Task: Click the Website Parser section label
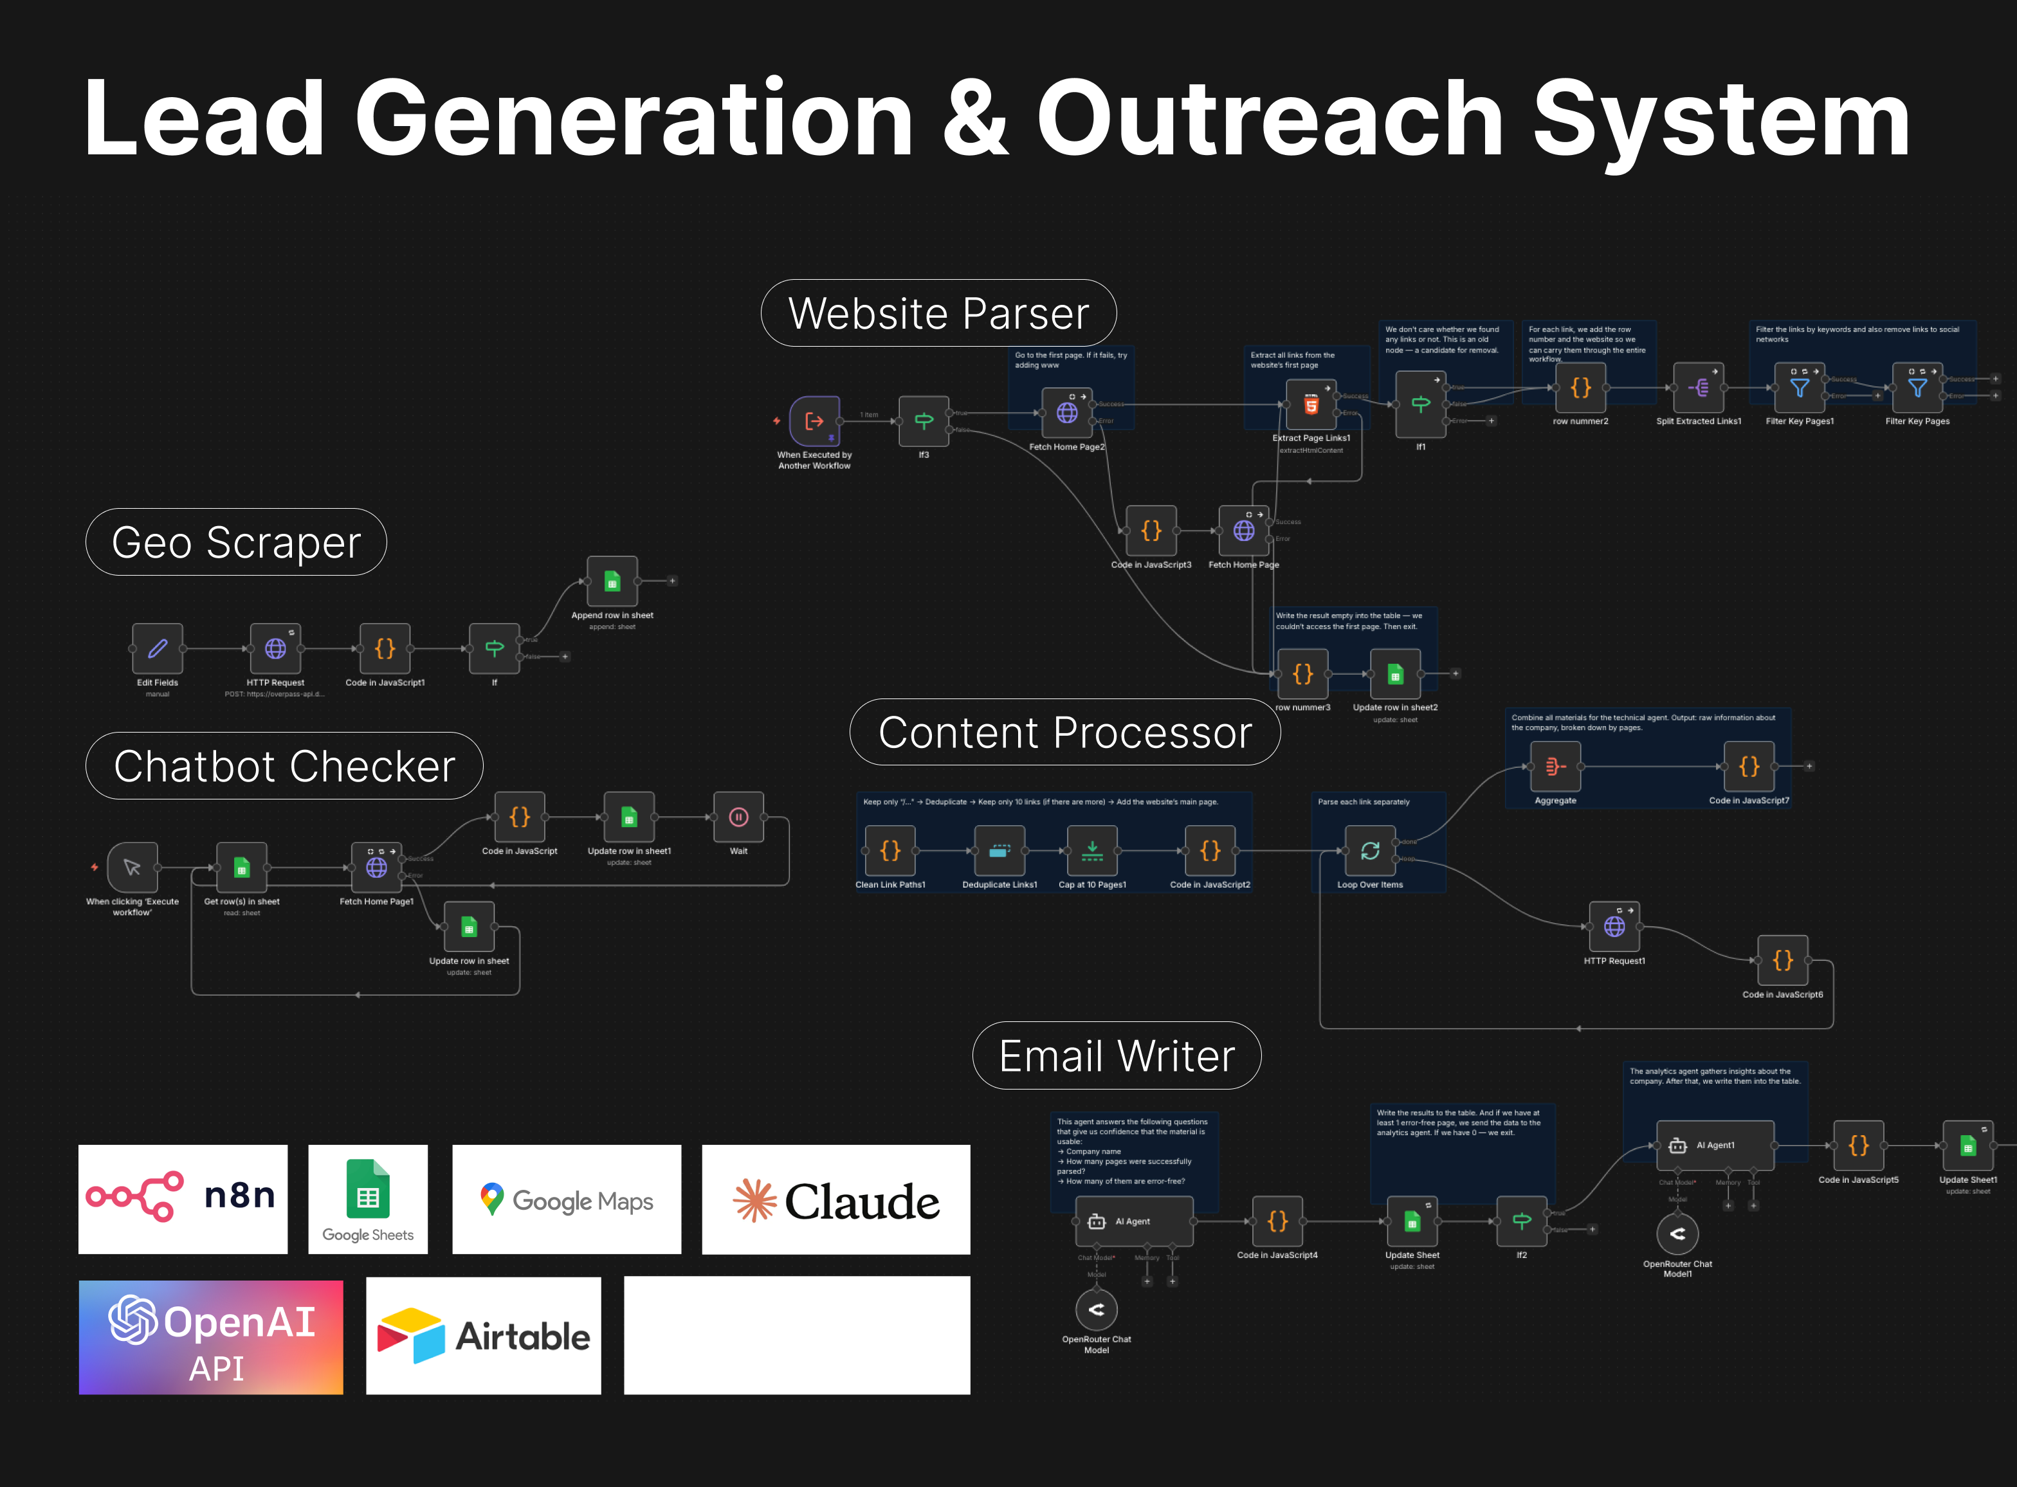[939, 313]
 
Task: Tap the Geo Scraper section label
[236, 543]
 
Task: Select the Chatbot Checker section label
[284, 766]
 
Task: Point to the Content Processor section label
[1064, 733]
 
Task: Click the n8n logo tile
[183, 1199]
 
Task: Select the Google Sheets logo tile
[367, 1199]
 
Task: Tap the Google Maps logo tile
[566, 1199]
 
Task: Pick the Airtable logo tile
[483, 1336]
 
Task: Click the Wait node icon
[738, 817]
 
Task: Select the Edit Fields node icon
[158, 648]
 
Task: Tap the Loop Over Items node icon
[1370, 851]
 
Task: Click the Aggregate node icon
[1555, 767]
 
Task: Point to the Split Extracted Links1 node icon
[1699, 388]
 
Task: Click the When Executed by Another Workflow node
[814, 421]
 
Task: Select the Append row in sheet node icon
[612, 581]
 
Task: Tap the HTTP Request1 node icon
[1614, 926]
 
